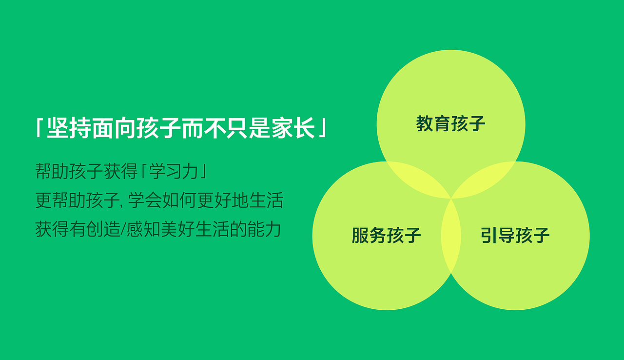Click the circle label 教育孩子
(x=451, y=124)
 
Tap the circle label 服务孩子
(x=386, y=236)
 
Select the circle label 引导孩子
(x=515, y=236)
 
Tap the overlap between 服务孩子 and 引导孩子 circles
(x=451, y=236)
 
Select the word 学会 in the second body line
(x=146, y=200)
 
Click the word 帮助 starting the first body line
(x=52, y=172)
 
